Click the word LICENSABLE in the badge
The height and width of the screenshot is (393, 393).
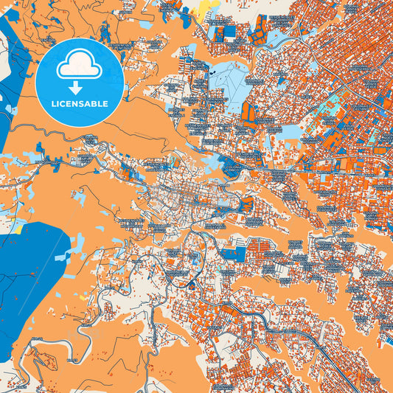click(80, 103)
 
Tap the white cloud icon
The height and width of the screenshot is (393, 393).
click(80, 65)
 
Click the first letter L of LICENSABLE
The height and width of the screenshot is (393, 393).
click(52, 103)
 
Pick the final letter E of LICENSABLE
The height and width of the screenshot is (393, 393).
click(106, 103)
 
